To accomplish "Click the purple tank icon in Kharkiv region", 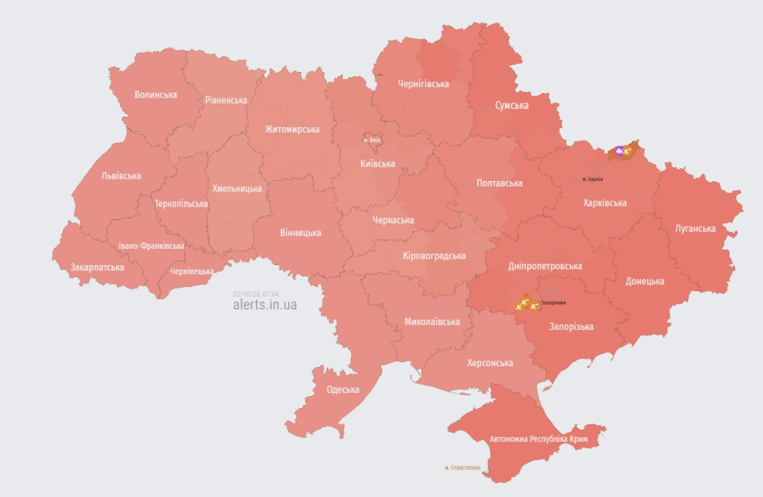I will tap(620, 150).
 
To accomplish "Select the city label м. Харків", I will tap(593, 179).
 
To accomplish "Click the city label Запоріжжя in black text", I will tap(553, 303).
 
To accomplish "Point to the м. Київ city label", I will tap(372, 140).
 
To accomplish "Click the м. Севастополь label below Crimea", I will tap(463, 467).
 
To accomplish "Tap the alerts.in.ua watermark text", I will tap(265, 305).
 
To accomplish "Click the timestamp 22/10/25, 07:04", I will tap(256, 293).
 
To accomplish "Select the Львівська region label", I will tap(121, 175).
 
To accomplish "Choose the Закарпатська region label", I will tap(97, 267).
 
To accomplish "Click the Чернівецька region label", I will tap(191, 271).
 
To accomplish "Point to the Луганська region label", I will tap(695, 228).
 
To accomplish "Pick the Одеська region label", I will tap(343, 389).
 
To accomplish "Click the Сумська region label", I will tap(511, 105).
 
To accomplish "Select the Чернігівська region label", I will tap(423, 84).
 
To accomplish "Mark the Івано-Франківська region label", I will tap(151, 246).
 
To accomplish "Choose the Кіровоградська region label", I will tap(434, 256).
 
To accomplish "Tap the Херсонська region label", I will tap(490, 363).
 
